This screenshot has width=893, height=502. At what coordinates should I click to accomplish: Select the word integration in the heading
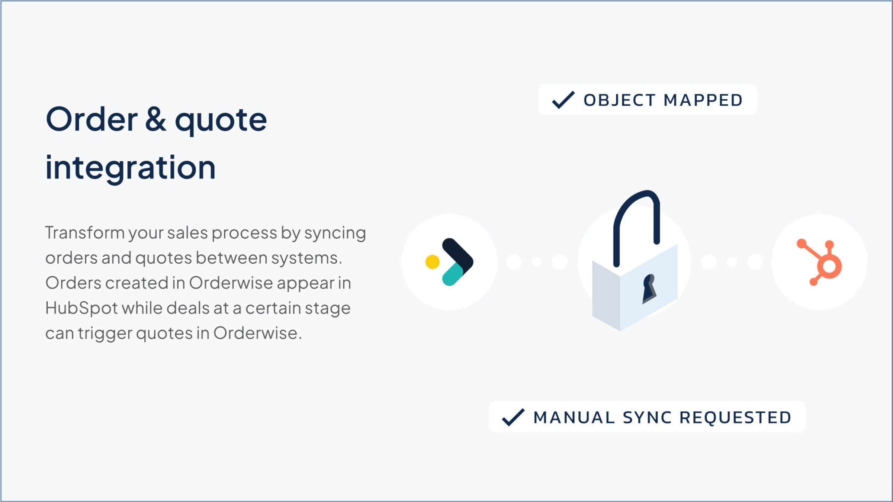click(130, 168)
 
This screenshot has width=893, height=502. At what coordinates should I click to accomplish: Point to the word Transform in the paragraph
click(85, 233)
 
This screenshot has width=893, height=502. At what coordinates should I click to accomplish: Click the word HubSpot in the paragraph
click(81, 308)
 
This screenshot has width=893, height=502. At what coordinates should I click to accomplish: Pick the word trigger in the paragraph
click(106, 334)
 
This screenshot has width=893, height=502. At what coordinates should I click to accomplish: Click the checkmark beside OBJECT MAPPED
click(563, 100)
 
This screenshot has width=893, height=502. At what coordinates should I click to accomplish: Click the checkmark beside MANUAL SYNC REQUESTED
click(513, 417)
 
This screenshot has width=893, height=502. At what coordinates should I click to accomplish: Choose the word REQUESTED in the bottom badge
click(735, 418)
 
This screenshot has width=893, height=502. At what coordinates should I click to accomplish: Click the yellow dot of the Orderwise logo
click(432, 262)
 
